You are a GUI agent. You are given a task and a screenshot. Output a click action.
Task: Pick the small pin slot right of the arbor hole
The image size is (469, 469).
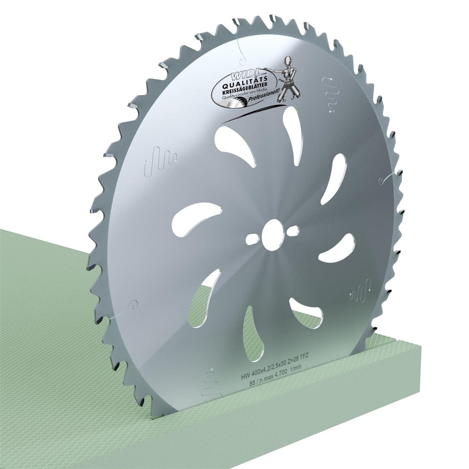pos(294,231)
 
